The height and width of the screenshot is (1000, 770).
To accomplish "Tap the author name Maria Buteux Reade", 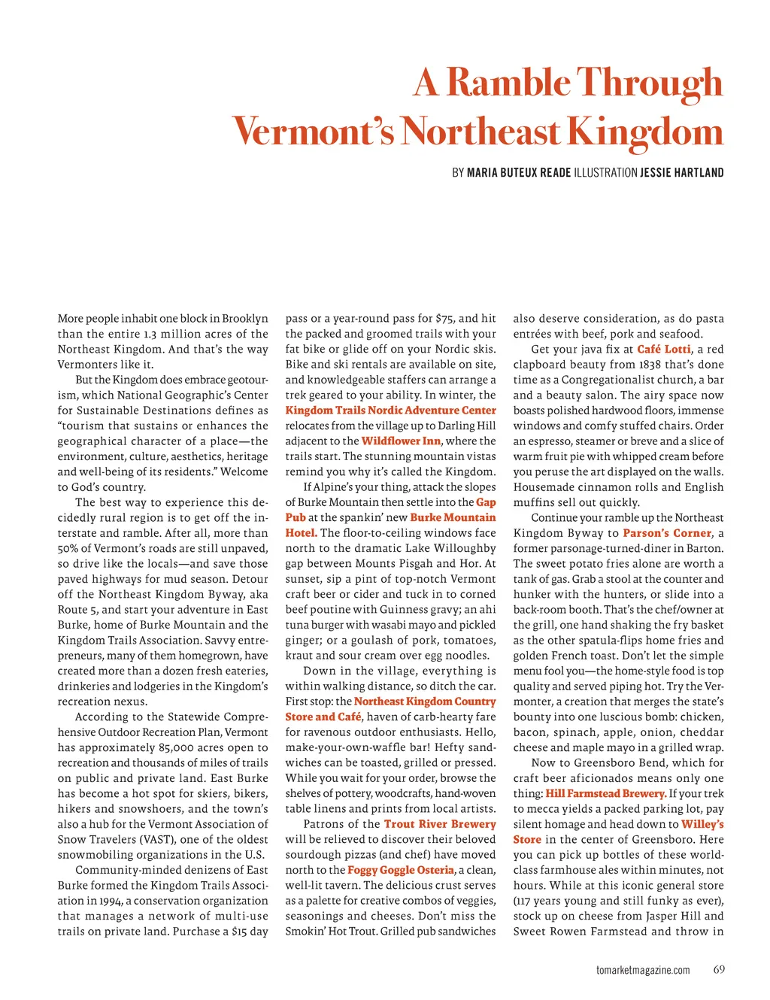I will coord(519,173).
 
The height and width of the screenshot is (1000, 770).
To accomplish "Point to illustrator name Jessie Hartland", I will coord(681,173).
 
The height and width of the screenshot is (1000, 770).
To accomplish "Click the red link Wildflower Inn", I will coord(401,441).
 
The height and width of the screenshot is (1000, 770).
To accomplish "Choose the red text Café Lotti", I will coord(663,349).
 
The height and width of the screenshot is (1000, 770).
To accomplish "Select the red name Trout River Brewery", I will coord(440,824).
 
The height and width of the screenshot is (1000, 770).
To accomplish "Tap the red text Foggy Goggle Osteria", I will coord(401,870).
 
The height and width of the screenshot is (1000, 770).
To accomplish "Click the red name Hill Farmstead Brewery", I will coord(605,793).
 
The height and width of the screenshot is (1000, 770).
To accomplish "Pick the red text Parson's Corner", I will coord(667,533).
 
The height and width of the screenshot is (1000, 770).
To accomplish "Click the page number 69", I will coord(719,969).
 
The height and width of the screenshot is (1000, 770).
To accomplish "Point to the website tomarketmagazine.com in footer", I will coord(643,970).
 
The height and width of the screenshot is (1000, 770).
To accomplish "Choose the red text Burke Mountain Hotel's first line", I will coord(453,517).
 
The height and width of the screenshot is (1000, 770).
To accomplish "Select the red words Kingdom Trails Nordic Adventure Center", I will coord(390,411).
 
